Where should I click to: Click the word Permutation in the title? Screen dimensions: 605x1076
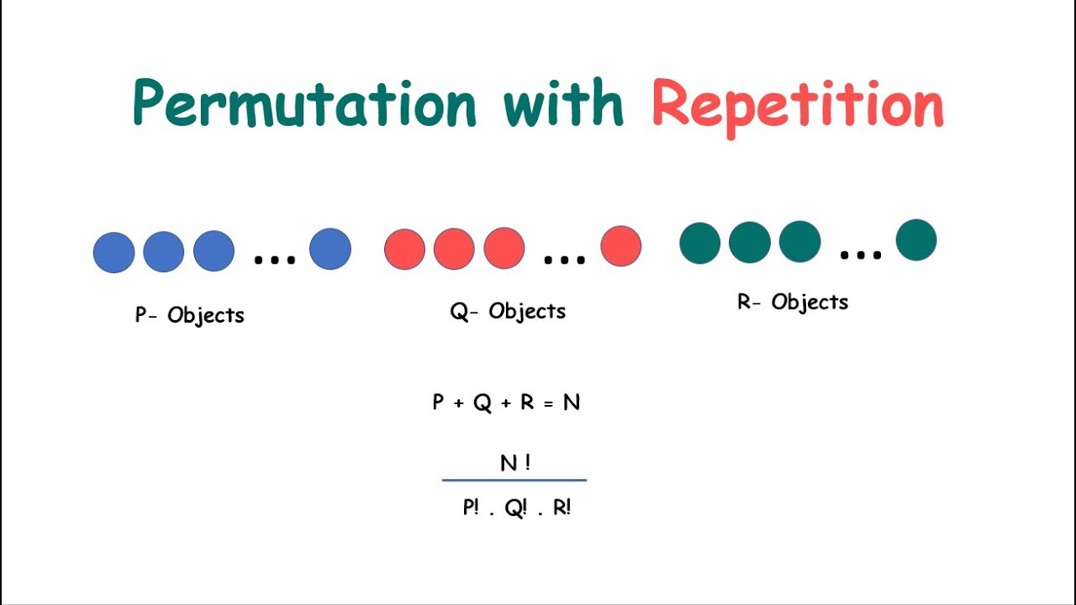pos(304,105)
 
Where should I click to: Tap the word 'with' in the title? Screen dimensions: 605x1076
pos(563,103)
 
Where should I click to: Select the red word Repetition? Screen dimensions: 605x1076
pos(798,107)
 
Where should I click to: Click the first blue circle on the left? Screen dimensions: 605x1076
pos(113,252)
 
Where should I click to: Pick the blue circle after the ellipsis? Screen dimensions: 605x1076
pos(330,249)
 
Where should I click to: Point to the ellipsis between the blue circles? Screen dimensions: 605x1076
pos(275,260)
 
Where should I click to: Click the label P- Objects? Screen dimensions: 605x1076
pos(190,315)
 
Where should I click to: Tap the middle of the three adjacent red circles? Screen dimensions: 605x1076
pos(454,249)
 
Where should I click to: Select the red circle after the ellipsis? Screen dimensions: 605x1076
pos(621,246)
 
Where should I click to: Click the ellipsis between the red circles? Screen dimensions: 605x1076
pos(565,260)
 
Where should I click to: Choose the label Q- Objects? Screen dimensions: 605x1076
pos(508,312)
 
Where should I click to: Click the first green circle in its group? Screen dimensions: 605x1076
pos(700,243)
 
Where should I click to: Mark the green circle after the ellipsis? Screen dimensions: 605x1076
pos(916,240)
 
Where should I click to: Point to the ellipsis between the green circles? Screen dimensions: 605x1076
pos(861,253)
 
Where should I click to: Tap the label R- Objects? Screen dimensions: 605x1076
pos(793,302)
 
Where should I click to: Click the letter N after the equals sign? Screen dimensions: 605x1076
pos(572,402)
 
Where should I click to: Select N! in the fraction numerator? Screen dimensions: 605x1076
pos(514,462)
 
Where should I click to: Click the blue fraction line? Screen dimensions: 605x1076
pos(514,481)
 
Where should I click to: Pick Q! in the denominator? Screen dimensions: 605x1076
pos(515,508)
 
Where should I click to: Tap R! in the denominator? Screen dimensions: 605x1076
pos(562,508)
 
